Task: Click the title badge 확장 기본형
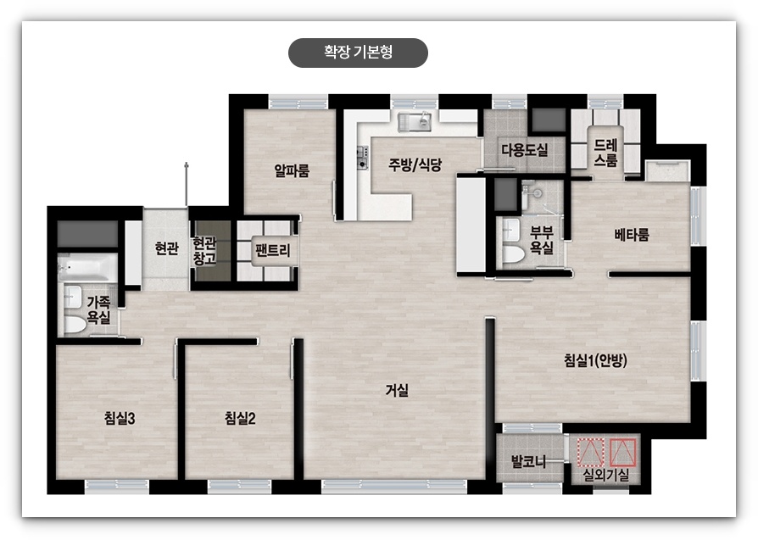click(x=358, y=53)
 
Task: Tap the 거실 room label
click(x=397, y=391)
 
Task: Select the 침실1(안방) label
click(x=594, y=360)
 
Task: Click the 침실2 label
click(x=240, y=417)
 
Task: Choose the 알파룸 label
click(x=292, y=170)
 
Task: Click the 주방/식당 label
click(x=415, y=164)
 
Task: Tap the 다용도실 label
click(x=524, y=150)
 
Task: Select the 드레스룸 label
click(x=605, y=152)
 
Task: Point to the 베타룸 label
click(x=632, y=235)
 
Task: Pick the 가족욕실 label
click(x=98, y=309)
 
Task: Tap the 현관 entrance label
click(x=166, y=248)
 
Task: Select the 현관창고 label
click(x=204, y=249)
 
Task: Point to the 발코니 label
click(x=527, y=462)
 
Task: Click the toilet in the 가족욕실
click(x=74, y=322)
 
